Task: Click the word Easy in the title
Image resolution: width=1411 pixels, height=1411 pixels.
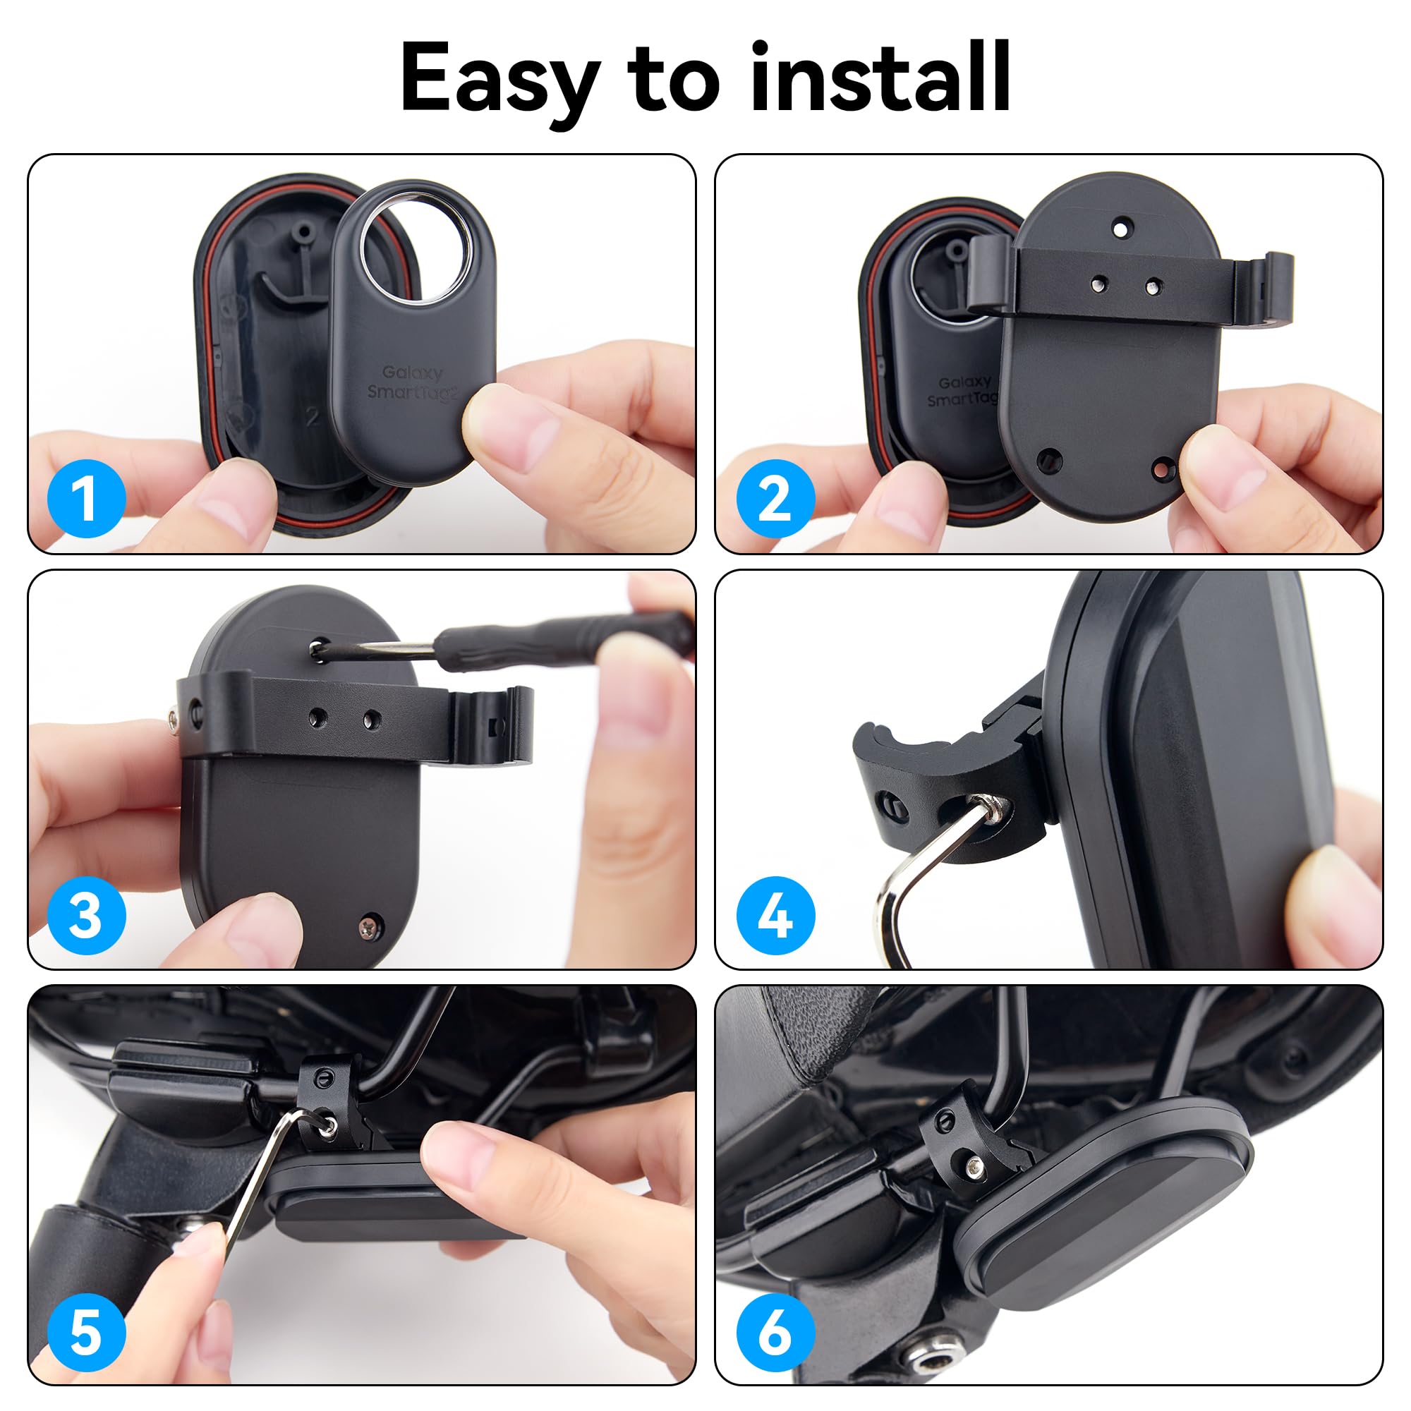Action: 500,79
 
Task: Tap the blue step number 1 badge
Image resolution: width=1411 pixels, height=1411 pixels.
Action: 86,499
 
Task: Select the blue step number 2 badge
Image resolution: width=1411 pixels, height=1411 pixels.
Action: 775,499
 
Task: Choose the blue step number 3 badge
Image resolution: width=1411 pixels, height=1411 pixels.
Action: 86,915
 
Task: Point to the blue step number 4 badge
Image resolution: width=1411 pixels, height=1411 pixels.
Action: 775,915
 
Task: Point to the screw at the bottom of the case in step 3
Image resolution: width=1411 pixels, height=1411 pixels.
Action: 370,927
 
